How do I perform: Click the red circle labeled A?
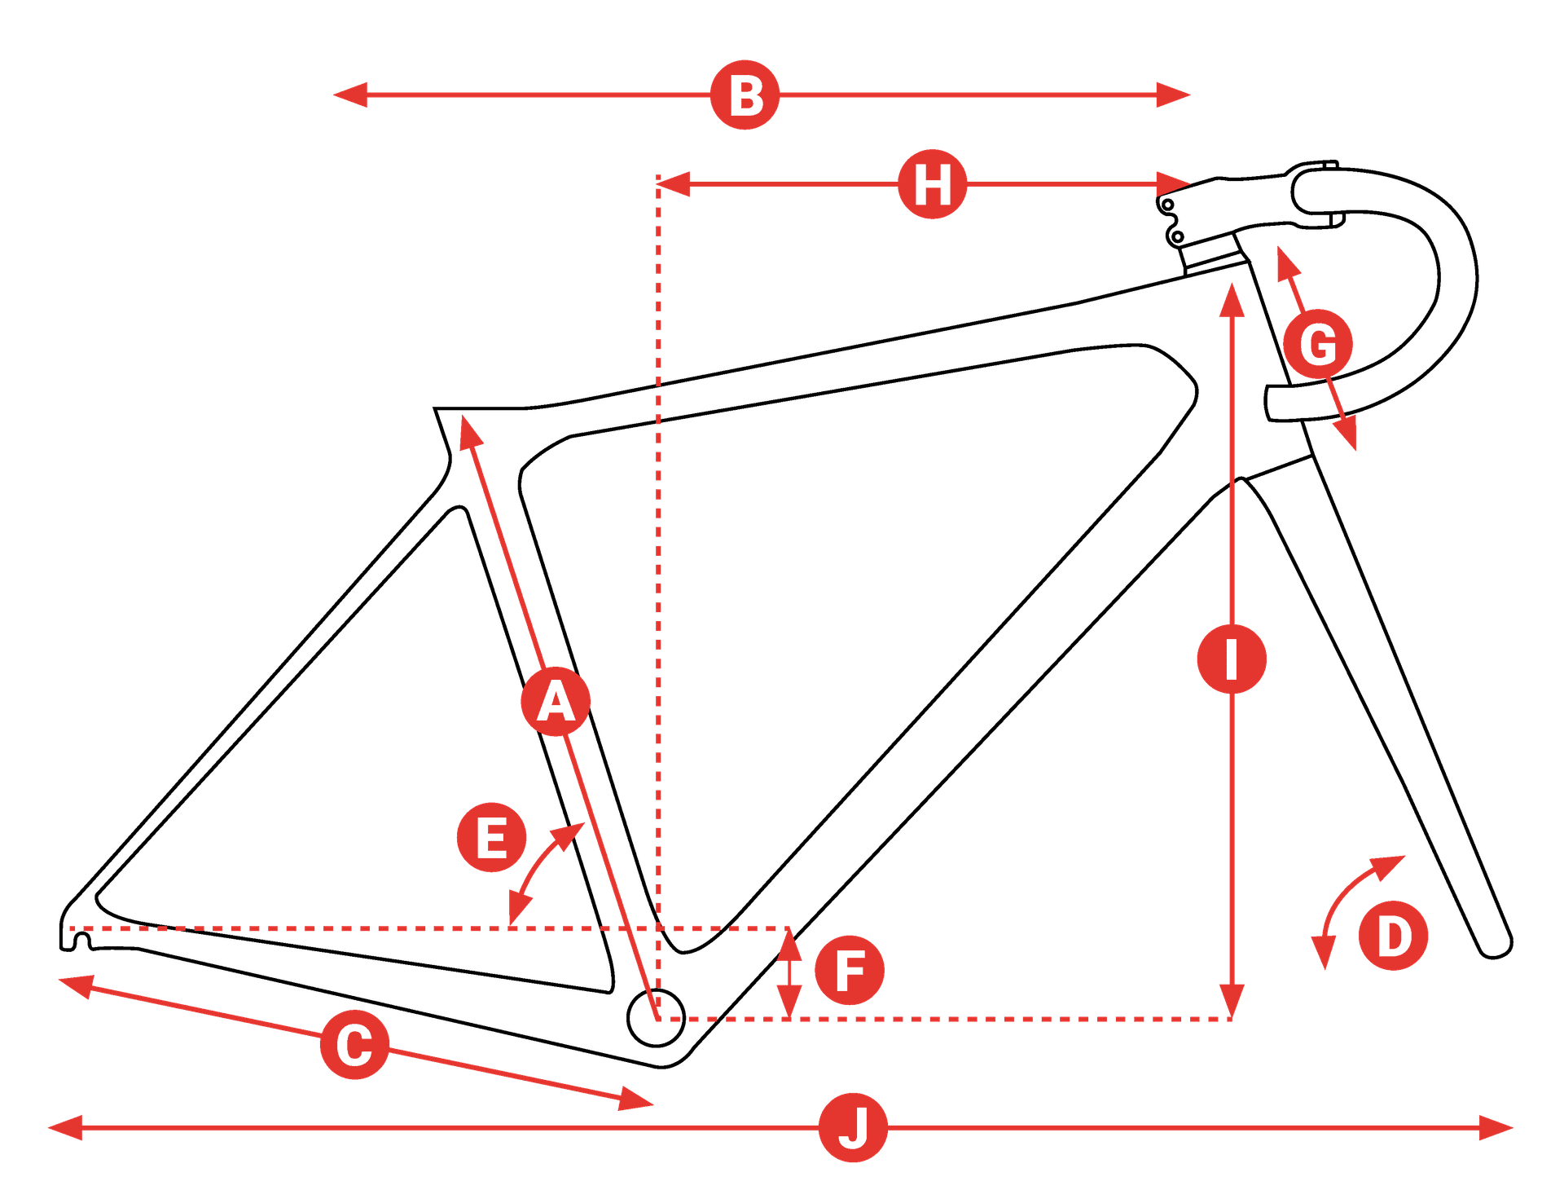[556, 702]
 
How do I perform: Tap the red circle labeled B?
[745, 95]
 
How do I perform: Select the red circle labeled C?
[354, 1046]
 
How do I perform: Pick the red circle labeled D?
[1394, 937]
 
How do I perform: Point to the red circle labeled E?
[491, 838]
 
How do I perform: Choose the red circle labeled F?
[850, 970]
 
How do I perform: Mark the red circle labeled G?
[1318, 344]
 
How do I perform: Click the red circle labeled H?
[933, 184]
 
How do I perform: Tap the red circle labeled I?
[1232, 659]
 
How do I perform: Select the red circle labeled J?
[853, 1128]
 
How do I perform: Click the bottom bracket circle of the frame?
[657, 1018]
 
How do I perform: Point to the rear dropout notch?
[79, 943]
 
